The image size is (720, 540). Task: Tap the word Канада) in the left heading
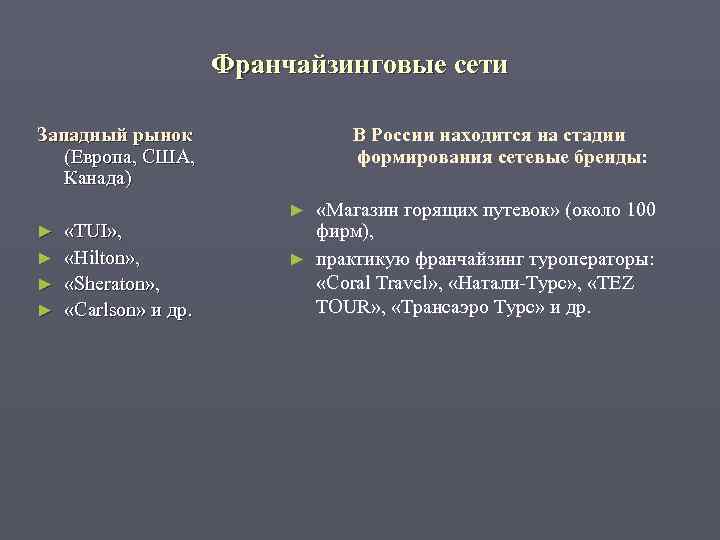[x=97, y=179]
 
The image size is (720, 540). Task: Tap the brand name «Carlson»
[x=104, y=310]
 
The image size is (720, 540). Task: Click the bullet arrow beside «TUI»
[x=43, y=232]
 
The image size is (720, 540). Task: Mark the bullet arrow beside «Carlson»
[x=43, y=310]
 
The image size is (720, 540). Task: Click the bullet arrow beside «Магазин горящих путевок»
[x=296, y=210]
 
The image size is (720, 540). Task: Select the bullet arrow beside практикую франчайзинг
[x=296, y=260]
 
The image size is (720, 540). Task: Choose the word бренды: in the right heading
[x=611, y=157]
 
